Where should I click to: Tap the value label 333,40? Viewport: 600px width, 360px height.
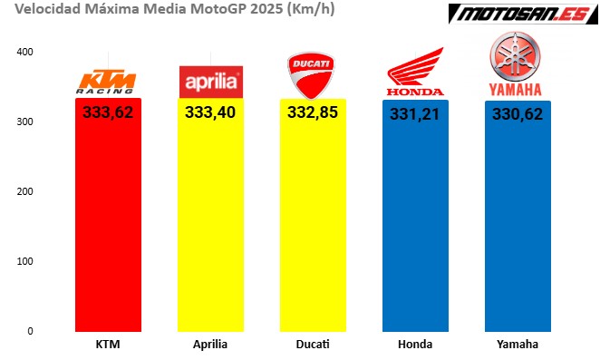point(211,112)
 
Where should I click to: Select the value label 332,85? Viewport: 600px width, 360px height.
point(314,112)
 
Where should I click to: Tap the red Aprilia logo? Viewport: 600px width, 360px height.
point(211,81)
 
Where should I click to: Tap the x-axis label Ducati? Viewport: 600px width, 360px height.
point(313,345)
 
